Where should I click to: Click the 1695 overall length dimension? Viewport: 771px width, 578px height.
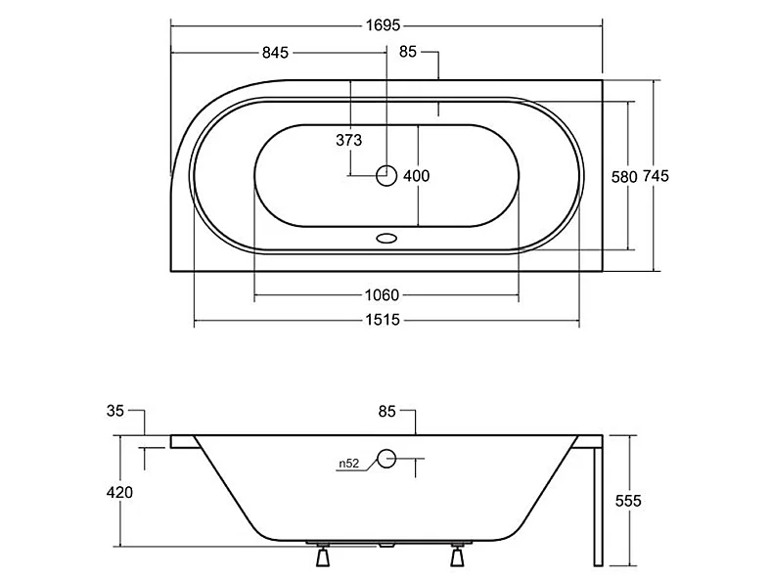[383, 25]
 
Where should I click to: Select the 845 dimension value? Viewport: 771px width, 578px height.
[275, 53]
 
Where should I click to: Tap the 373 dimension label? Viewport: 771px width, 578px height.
[349, 141]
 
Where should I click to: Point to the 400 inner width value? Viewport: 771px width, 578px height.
[417, 176]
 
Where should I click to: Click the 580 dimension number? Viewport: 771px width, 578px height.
[624, 177]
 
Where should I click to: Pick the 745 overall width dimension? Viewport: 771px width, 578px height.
[657, 176]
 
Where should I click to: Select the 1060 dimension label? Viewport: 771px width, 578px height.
[382, 295]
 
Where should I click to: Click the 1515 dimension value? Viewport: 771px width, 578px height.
[383, 321]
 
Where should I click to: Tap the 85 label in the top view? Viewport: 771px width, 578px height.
[408, 52]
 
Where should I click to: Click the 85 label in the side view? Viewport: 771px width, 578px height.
[387, 412]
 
